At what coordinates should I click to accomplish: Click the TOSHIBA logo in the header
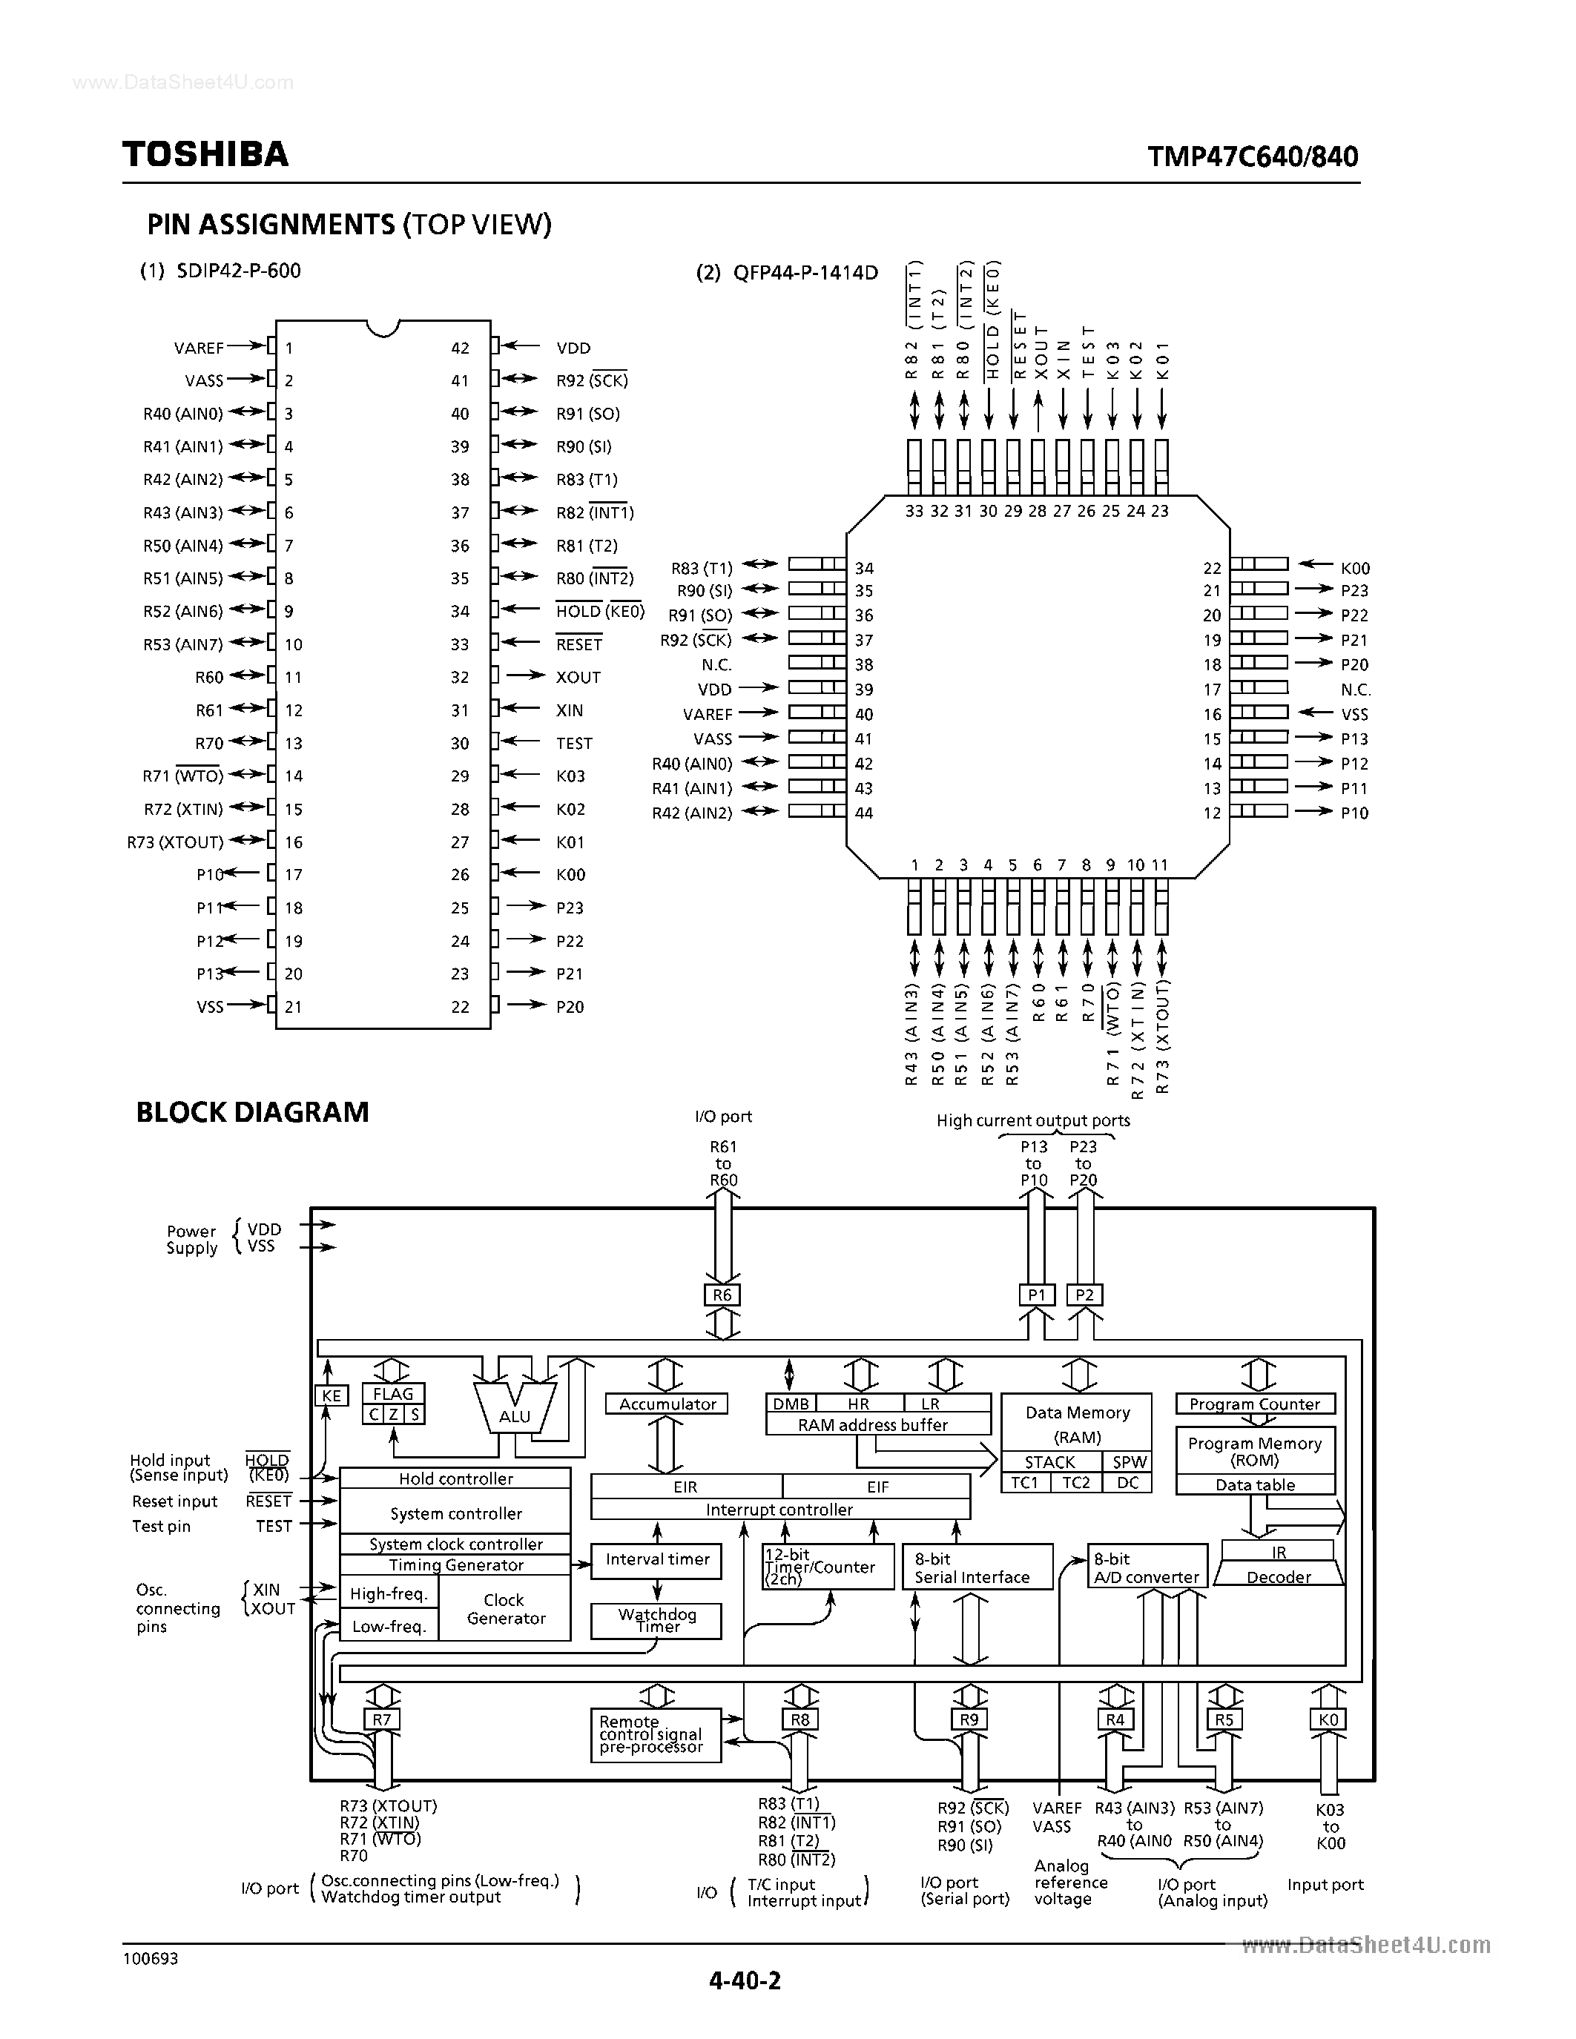tap(205, 154)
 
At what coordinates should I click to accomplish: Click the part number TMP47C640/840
tap(1253, 156)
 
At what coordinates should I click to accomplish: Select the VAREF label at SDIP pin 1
tap(199, 348)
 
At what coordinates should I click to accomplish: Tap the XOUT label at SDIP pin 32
tap(578, 677)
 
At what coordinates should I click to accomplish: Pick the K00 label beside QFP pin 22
tap(1355, 568)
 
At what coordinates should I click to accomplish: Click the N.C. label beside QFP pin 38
tap(717, 665)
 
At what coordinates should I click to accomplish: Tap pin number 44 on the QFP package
tap(863, 813)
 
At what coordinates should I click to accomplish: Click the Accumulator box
tap(667, 1404)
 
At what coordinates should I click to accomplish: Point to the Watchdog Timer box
tap(656, 1621)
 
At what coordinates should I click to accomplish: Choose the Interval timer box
tap(656, 1559)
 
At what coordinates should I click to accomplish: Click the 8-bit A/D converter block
tap(1147, 1567)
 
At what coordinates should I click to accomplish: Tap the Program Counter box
tap(1254, 1404)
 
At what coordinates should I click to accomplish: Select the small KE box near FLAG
tap(332, 1395)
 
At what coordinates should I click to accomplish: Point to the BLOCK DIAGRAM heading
tap(252, 1112)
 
